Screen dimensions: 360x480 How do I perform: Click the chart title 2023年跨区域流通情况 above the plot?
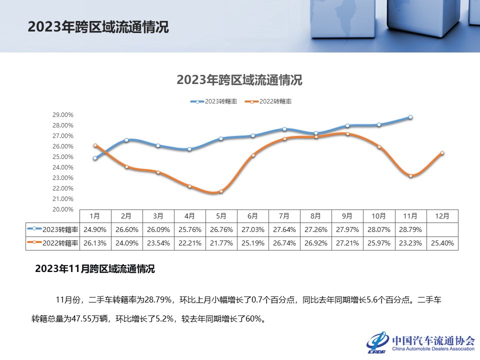[239, 80]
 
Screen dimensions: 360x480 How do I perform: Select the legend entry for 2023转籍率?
[214, 101]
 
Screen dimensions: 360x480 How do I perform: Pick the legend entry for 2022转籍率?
[268, 101]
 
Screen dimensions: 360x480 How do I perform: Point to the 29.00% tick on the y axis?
[63, 114]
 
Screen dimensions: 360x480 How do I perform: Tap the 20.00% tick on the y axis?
[63, 209]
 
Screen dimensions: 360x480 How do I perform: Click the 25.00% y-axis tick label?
[63, 157]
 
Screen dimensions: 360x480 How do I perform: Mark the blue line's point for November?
[410, 117]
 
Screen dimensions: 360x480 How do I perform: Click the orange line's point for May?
[221, 191]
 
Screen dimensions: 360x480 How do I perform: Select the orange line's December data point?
[442, 153]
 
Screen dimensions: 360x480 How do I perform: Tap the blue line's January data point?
[95, 158]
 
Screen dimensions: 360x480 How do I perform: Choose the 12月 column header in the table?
[442, 216]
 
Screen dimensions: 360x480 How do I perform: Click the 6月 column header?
[252, 216]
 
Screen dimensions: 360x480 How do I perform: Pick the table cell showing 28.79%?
[410, 230]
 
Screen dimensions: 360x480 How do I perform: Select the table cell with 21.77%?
[221, 243]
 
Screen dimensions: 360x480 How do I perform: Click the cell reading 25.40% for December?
[442, 243]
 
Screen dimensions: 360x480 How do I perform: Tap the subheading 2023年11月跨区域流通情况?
[95, 269]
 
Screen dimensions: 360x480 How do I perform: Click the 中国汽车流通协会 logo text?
[433, 340]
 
